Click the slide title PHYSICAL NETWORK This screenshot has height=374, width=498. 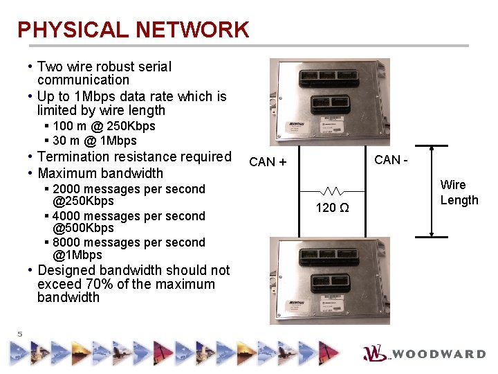point(133,30)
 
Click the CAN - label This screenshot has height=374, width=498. point(391,160)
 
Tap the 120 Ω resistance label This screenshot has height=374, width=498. point(332,208)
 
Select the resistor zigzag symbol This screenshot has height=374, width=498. point(332,190)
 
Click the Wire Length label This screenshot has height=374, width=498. point(459,193)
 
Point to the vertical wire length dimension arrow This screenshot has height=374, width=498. point(431,191)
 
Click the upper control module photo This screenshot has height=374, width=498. point(330,102)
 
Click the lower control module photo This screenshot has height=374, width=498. point(330,280)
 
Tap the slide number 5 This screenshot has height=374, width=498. point(20,335)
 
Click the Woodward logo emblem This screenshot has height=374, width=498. point(376,353)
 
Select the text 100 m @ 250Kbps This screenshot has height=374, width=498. point(104,126)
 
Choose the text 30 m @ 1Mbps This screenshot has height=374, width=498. point(95,141)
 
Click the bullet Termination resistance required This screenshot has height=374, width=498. point(134,157)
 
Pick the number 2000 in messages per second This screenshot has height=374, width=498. point(66,189)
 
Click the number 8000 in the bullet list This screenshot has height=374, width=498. point(66,242)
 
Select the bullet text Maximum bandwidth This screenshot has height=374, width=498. point(100,173)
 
